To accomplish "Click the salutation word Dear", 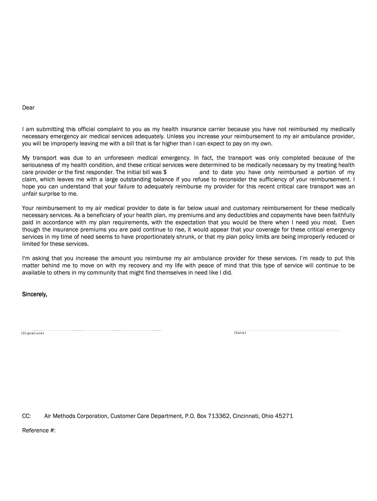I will [x=28, y=107].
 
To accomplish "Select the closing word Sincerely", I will [x=35, y=295].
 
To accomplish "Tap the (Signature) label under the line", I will [x=33, y=333].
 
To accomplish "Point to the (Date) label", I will [x=240, y=333].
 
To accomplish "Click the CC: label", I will [x=27, y=416].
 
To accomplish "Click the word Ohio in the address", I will [x=268, y=416].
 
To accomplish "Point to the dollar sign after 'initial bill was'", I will [x=165, y=172].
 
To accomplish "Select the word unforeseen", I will [x=125, y=158].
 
